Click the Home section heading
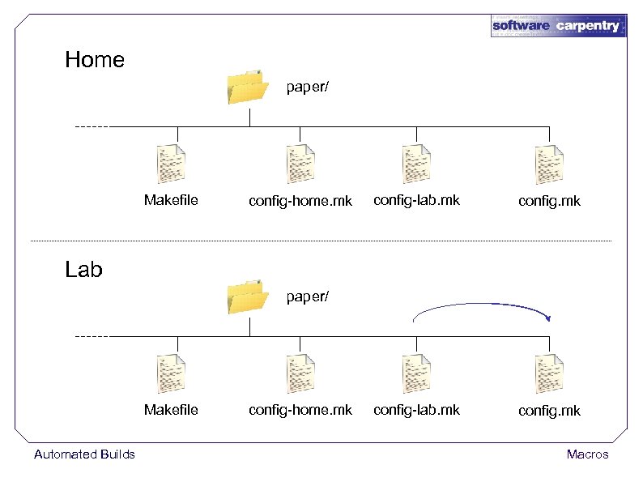pyautogui.click(x=95, y=60)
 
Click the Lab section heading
pyautogui.click(x=83, y=269)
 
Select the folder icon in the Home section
pyautogui.click(x=248, y=87)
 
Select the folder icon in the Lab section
pyautogui.click(x=248, y=296)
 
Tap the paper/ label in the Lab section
pyautogui.click(x=308, y=296)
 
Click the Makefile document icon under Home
pyautogui.click(x=171, y=164)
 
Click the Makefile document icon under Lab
pyautogui.click(x=171, y=373)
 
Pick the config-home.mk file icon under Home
pyautogui.click(x=300, y=164)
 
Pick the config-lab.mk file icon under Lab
pyautogui.click(x=416, y=373)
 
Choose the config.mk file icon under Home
pyautogui.click(x=549, y=164)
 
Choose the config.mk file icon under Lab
pyautogui.click(x=549, y=373)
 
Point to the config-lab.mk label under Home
pyautogui.click(x=416, y=200)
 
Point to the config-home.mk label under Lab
pyautogui.click(x=300, y=410)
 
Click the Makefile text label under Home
pyautogui.click(x=171, y=200)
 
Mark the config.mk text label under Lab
pyautogui.click(x=549, y=411)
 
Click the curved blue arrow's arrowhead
pyautogui.click(x=548, y=318)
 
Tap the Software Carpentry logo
pyautogui.click(x=558, y=25)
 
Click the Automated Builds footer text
pyautogui.click(x=84, y=454)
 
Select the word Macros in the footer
pyautogui.click(x=587, y=454)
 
